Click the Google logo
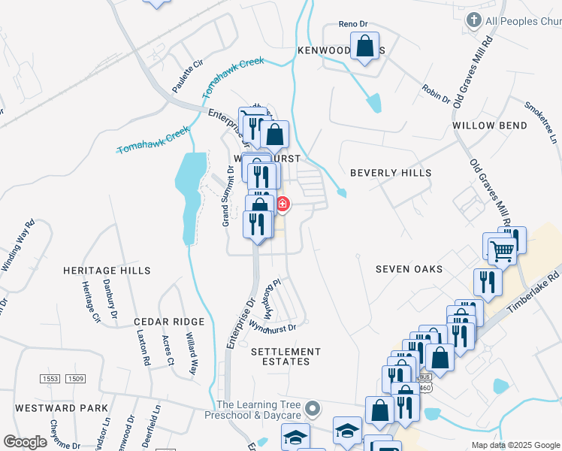pos(25,442)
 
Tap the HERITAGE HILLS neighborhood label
pos(107,271)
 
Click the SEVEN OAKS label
pos(409,269)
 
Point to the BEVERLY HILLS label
pos(391,173)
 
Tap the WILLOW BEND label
pos(491,126)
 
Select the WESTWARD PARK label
pos(61,408)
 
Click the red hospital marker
pos(283,203)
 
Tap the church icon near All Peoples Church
pos(474,20)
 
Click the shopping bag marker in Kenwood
pos(364,47)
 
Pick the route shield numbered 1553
pos(50,379)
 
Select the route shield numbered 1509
pos(75,379)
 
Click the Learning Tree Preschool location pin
pos(314,410)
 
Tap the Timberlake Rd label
pos(533,294)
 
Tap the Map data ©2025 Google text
pos(515,445)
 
